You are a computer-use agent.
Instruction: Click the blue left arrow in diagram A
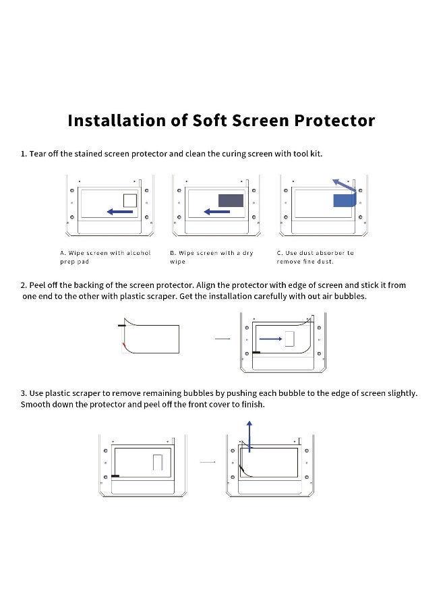coord(120,212)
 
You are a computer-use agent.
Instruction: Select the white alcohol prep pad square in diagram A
coord(129,200)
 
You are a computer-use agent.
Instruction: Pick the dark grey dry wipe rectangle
coord(231,200)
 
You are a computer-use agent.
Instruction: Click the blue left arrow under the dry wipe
coord(216,212)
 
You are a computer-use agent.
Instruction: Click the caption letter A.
coord(62,253)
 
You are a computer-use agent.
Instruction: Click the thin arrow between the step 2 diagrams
coord(222,339)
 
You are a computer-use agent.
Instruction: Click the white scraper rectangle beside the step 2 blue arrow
coord(291,339)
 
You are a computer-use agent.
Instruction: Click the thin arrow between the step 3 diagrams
coord(208,462)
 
